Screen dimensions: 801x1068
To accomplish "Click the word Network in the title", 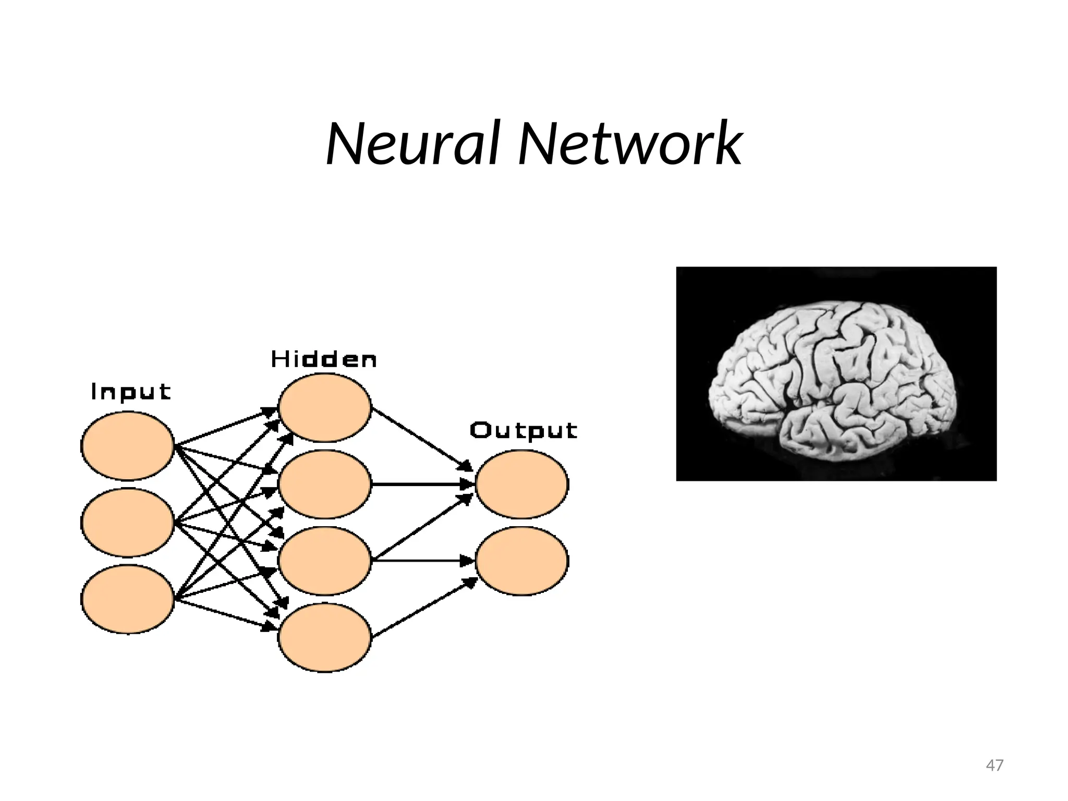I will [x=629, y=143].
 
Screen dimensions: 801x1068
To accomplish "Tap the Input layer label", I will [x=131, y=392].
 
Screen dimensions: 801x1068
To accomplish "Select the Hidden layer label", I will [x=324, y=359].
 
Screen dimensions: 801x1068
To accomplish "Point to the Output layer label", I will [x=524, y=431].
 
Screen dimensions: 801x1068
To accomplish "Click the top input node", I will [x=128, y=445].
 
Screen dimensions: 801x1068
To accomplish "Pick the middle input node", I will [x=128, y=522].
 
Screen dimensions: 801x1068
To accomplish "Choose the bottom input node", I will [x=128, y=599].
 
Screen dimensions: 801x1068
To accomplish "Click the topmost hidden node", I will [x=325, y=407].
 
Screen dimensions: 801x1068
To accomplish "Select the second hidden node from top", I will [x=325, y=484].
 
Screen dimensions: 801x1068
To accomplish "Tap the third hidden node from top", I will [x=325, y=561].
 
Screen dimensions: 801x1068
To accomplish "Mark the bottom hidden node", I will [x=325, y=637].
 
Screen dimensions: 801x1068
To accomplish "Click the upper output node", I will [x=522, y=484].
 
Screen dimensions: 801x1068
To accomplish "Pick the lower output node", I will [x=522, y=561].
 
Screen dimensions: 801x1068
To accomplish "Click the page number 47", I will [x=994, y=765].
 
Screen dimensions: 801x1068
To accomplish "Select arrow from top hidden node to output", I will [x=422, y=438].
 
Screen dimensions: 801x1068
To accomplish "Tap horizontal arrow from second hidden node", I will [x=422, y=484].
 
